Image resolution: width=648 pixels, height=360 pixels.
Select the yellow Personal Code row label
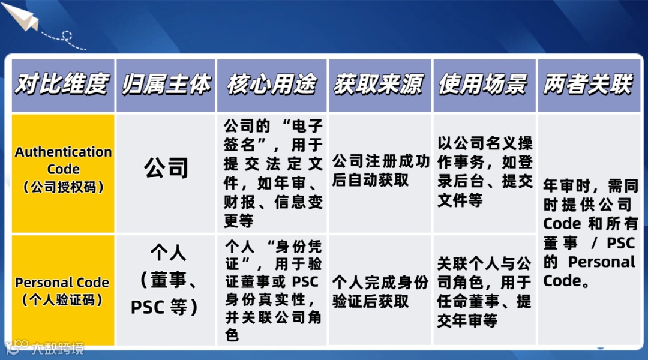click(x=62, y=290)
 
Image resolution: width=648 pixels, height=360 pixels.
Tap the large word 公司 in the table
click(x=166, y=168)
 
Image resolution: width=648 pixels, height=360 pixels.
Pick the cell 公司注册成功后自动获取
click(x=380, y=171)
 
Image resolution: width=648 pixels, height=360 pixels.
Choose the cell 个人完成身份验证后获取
click(x=380, y=292)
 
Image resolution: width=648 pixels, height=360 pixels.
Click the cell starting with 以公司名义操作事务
click(x=484, y=172)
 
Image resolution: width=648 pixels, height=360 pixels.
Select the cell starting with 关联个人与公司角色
click(x=484, y=292)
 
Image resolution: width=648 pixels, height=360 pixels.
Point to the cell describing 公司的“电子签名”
click(x=274, y=173)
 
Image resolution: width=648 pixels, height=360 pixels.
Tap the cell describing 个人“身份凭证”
click(x=274, y=291)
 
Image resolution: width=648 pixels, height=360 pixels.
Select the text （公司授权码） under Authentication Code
click(x=63, y=187)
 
